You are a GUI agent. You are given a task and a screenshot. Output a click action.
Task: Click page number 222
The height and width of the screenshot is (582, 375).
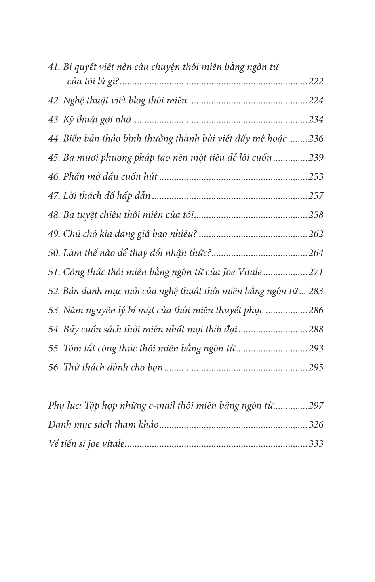click(x=316, y=82)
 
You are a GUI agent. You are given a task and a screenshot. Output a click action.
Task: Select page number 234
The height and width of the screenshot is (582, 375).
click(x=316, y=120)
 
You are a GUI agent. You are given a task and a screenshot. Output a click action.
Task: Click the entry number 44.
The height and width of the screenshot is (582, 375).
click(x=54, y=139)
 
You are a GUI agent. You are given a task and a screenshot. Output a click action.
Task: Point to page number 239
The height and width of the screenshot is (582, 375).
click(x=316, y=158)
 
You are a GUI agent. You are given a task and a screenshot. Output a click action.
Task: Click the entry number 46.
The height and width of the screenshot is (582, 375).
click(x=54, y=176)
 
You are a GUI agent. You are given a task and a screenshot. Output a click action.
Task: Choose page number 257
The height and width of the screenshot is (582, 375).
click(x=316, y=196)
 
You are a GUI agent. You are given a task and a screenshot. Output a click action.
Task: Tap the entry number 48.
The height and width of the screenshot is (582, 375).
click(x=54, y=215)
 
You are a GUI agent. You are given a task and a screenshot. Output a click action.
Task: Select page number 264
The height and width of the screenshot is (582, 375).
click(x=316, y=253)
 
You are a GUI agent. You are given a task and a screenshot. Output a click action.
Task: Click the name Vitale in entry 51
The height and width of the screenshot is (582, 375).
click(x=249, y=272)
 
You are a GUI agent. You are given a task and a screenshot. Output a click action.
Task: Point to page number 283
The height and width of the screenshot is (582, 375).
click(x=316, y=291)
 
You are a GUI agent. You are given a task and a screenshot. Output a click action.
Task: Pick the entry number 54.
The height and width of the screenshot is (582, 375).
click(x=54, y=329)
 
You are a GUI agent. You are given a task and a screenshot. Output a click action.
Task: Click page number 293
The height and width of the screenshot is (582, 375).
click(x=316, y=348)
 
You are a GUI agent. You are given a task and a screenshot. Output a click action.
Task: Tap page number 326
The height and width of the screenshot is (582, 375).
click(x=316, y=424)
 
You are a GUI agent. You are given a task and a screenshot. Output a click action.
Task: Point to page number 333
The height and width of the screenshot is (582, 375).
click(x=316, y=444)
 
